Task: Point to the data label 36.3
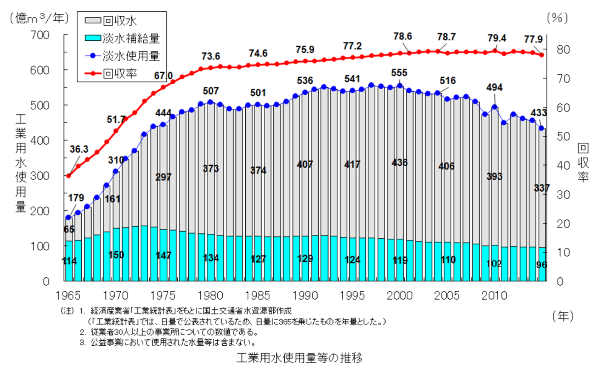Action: [78, 148]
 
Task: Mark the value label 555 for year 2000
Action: [399, 73]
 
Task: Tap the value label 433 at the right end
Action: [540, 112]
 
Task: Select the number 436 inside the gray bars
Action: [399, 163]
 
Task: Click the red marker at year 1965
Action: [68, 176]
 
